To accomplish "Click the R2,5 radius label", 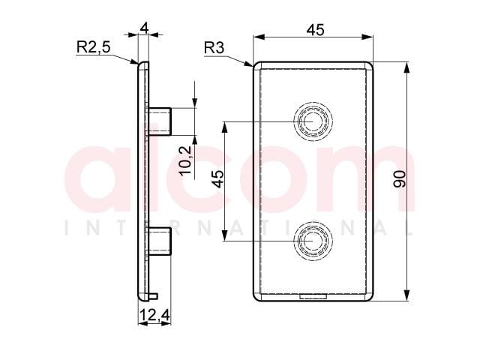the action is [x=93, y=47].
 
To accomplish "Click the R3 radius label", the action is [x=214, y=48].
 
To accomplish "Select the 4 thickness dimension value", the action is [x=144, y=28].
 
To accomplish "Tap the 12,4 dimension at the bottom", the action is [x=154, y=315].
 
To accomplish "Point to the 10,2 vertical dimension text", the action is [x=186, y=160].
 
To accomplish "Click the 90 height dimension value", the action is [x=400, y=179].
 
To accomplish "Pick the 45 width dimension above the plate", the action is [x=315, y=30].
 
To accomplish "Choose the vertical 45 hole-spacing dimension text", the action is [x=218, y=179].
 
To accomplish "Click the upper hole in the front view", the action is [x=313, y=121].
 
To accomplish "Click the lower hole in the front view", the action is [x=313, y=241].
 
